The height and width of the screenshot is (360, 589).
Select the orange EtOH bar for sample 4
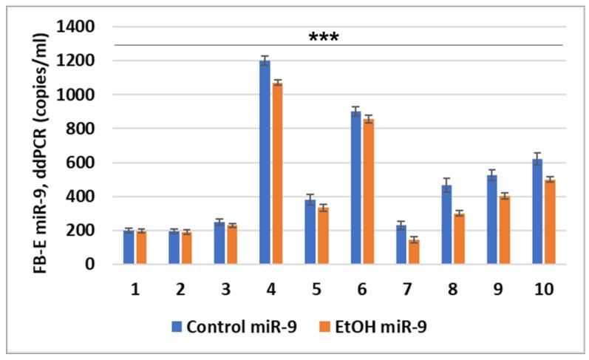pyautogui.click(x=277, y=173)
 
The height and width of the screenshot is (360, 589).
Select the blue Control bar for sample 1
pyautogui.click(x=129, y=247)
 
